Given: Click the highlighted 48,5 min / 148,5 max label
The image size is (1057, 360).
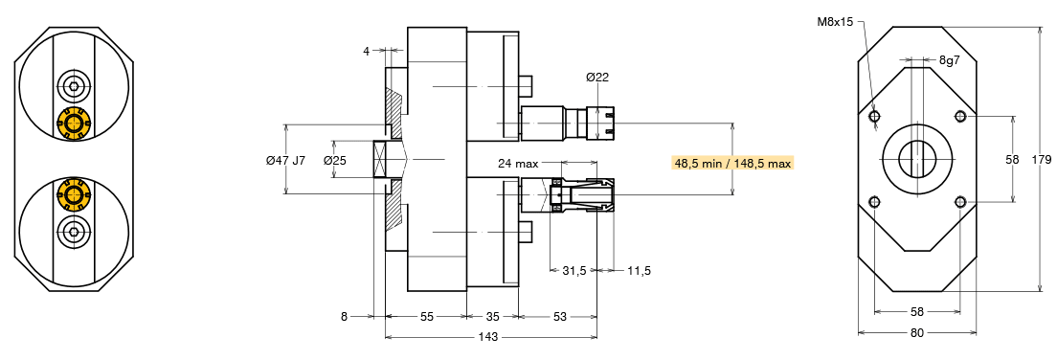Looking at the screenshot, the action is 732,163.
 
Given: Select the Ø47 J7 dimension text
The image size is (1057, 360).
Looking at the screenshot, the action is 286,161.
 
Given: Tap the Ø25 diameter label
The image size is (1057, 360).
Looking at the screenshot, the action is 334,161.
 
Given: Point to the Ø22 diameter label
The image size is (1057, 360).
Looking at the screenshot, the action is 597,78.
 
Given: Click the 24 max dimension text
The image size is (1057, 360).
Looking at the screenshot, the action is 518,163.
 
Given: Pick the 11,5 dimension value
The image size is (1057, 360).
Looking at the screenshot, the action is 639,271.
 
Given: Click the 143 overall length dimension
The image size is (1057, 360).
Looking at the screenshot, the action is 487,336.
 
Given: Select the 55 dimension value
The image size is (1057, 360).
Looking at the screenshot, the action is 426,316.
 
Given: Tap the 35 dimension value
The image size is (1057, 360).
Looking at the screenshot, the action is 493,316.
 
